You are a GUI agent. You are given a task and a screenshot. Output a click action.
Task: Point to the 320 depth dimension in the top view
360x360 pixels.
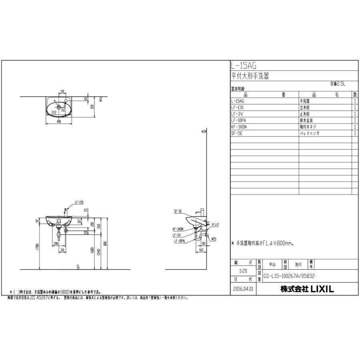(x=92, y=107)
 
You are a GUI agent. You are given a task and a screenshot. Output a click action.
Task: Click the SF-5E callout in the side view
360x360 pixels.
(x=178, y=210)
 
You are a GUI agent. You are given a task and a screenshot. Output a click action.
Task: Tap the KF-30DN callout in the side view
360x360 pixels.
(x=178, y=229)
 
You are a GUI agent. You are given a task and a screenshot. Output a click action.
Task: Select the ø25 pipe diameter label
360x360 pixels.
(x=214, y=239)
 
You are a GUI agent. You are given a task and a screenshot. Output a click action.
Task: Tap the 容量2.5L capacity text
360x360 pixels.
(x=338, y=84)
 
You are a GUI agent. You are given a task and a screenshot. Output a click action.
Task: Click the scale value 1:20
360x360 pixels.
(x=244, y=271)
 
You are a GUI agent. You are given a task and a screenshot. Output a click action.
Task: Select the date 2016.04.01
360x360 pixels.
(x=244, y=288)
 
